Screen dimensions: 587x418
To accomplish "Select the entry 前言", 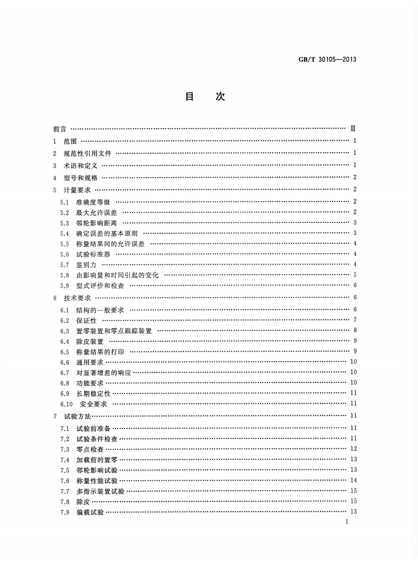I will (60, 129).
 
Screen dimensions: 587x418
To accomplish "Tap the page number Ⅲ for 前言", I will (354, 129).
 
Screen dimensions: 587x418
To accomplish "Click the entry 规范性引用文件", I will (87, 153).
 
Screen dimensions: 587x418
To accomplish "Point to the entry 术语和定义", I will (80, 165).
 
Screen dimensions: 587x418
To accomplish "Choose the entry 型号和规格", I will (80, 178).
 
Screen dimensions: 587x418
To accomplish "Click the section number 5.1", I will (64, 202).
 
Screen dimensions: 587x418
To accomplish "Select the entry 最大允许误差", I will (97, 212).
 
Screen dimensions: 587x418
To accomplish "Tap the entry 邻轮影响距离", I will (97, 223).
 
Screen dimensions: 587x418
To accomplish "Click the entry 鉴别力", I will (86, 264).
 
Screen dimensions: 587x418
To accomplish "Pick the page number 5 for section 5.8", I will (355, 275).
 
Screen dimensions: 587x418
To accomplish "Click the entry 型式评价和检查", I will (100, 285).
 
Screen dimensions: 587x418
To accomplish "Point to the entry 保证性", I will (86, 320).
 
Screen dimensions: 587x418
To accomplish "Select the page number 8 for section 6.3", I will (355, 331).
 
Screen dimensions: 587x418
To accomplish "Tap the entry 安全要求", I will (94, 403).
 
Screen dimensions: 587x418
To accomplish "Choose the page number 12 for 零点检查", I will (353, 449).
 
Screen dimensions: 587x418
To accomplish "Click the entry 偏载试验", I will (90, 512).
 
